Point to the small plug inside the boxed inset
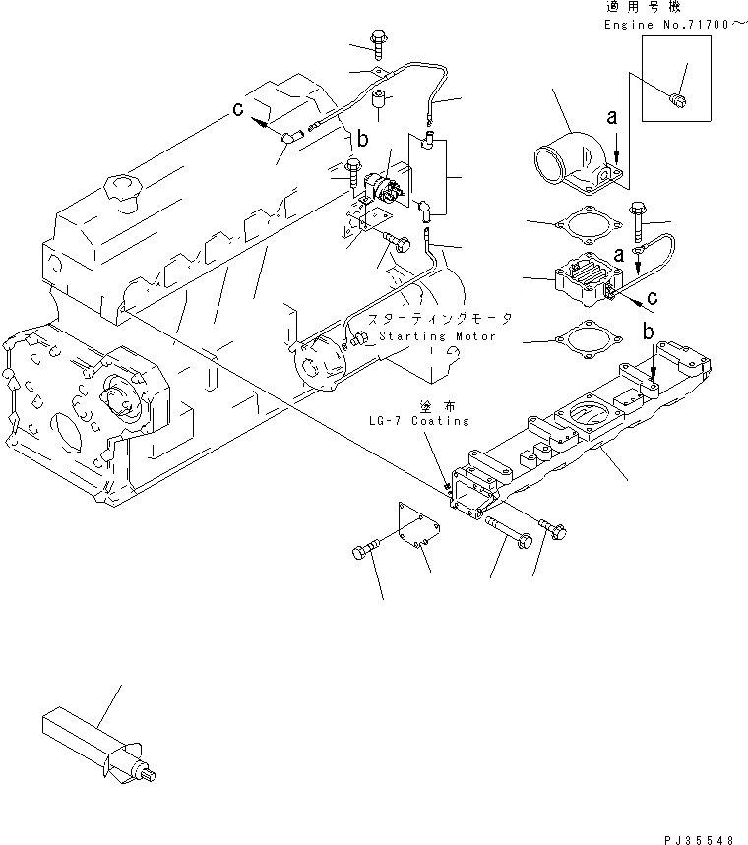coord(676,98)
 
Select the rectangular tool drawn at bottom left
coord(93,741)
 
